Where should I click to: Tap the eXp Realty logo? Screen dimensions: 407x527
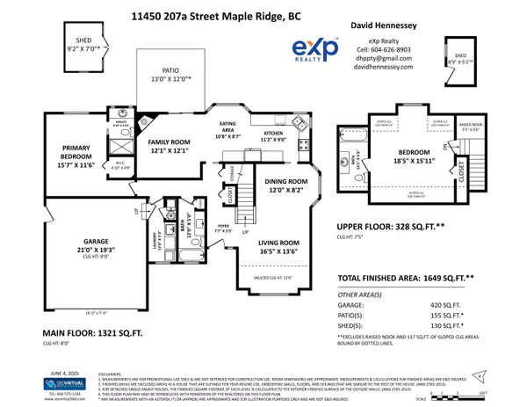[314, 50]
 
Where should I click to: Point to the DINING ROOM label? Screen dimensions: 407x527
[284, 185]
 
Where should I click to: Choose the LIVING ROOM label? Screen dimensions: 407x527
[284, 246]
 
